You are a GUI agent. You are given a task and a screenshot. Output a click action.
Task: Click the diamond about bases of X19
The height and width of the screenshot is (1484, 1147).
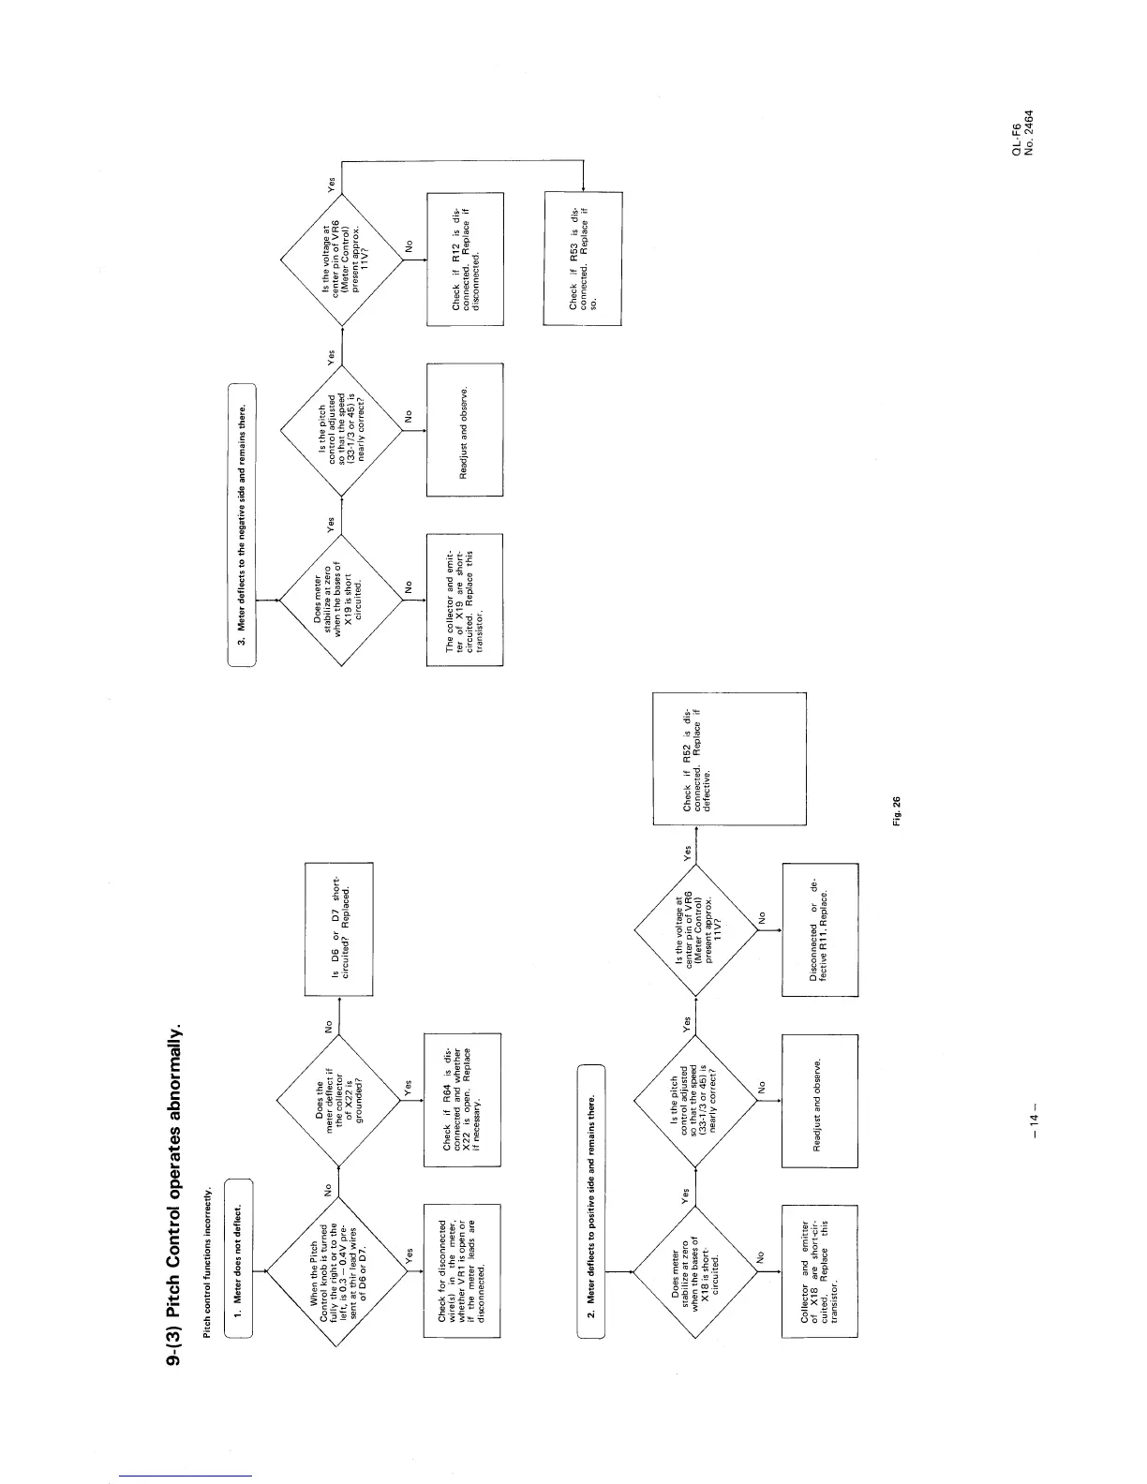click(x=343, y=600)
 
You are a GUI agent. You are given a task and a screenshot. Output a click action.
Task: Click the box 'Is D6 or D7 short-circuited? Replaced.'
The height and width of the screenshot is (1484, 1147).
click(x=339, y=928)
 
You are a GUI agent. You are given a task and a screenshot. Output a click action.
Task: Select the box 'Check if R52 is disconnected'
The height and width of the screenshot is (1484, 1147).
click(x=729, y=758)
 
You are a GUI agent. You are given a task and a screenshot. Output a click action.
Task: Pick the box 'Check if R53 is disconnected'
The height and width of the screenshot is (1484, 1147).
click(x=582, y=259)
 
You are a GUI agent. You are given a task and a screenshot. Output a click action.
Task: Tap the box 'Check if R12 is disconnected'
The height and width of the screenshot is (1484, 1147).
click(x=465, y=259)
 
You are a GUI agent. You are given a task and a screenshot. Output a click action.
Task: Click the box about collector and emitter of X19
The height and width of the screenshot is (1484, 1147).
click(x=465, y=600)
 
